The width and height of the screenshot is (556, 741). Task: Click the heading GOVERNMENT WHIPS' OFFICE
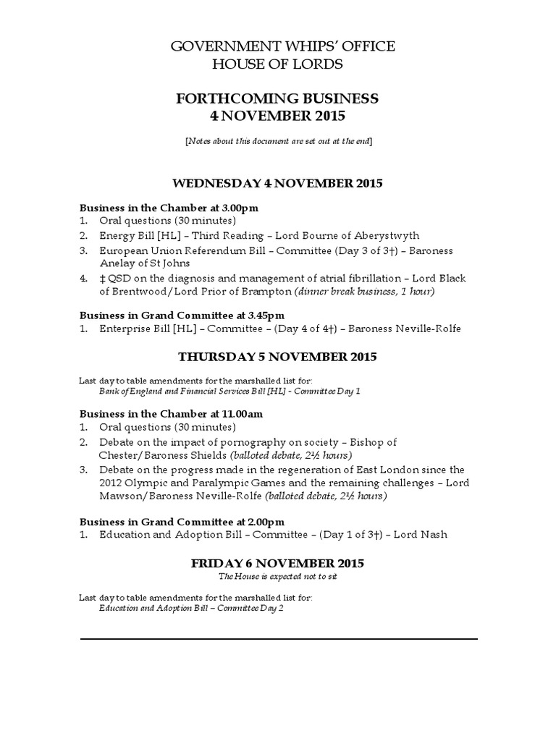282,47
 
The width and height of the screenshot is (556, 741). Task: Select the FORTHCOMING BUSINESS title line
277,98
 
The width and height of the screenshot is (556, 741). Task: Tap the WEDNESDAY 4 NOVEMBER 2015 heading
278,184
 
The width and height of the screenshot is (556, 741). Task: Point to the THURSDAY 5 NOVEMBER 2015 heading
278,357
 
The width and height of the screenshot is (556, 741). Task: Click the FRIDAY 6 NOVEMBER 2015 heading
278,563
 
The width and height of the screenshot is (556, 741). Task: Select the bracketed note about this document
278,140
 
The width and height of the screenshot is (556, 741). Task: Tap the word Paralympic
199,483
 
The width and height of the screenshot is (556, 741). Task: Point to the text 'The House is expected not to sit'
278,576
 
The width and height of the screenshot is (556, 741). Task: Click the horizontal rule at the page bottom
278,639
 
